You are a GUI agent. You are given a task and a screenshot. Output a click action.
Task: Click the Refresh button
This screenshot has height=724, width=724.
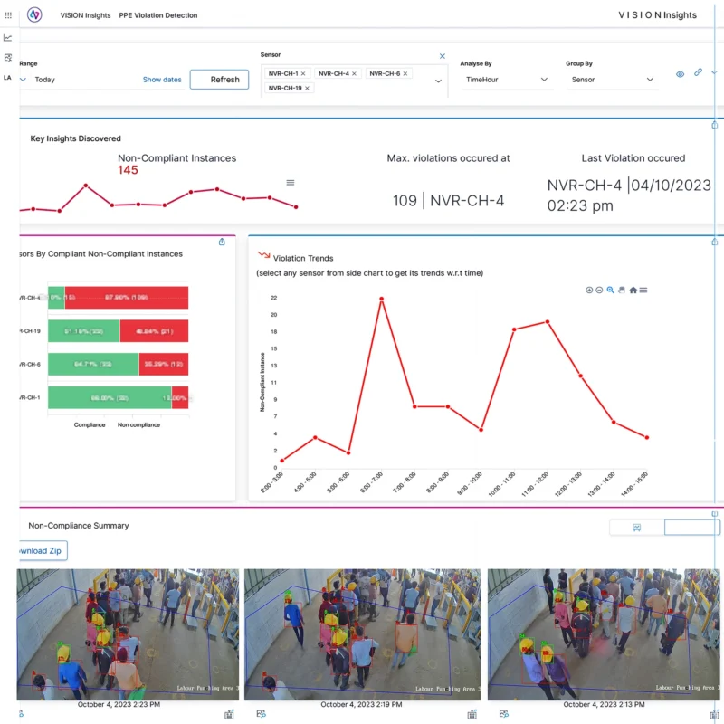click(x=219, y=80)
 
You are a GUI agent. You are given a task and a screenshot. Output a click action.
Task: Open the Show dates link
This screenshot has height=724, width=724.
click(x=162, y=80)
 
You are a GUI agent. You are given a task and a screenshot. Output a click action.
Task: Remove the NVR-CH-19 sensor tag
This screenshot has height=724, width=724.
click(x=308, y=88)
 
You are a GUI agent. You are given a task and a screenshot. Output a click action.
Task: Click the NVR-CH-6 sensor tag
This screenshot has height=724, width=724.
click(x=385, y=73)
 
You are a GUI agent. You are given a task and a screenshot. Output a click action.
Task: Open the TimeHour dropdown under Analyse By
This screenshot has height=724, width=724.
click(x=506, y=80)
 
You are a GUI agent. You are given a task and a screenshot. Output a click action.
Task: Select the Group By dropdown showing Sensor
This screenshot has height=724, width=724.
click(x=612, y=80)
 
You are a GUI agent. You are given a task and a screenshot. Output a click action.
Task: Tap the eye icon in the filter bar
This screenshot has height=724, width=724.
click(x=680, y=74)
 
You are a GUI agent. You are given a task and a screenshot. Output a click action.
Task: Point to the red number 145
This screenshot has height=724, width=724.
click(x=128, y=170)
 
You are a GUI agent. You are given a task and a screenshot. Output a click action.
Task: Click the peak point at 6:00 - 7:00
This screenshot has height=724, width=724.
click(x=382, y=299)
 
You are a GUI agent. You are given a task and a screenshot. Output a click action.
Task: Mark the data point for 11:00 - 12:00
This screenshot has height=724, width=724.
click(x=548, y=322)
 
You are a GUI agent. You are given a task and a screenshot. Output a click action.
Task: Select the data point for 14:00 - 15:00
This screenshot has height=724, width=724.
click(x=647, y=437)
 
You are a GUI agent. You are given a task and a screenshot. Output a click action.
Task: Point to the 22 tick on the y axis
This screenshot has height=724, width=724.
click(x=272, y=298)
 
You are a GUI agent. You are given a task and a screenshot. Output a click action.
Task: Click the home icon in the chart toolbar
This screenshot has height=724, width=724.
click(x=633, y=291)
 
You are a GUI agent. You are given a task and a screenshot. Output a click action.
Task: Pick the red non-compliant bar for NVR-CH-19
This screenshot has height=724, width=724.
click(x=153, y=331)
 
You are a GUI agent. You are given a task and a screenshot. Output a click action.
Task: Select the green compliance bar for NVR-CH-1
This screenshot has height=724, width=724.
click(x=109, y=398)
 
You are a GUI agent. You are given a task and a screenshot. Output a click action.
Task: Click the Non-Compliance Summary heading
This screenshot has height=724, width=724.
click(x=79, y=526)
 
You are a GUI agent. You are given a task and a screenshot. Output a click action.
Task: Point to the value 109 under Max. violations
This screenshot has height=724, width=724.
click(x=405, y=201)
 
